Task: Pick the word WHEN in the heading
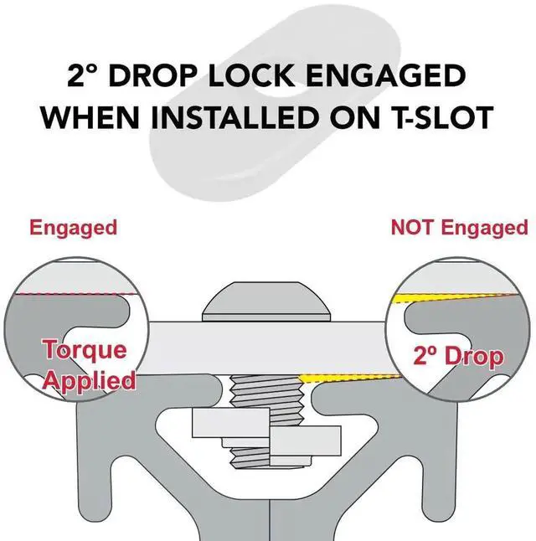coord(90,116)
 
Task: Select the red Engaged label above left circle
coord(73,228)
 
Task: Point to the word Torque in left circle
coord(84,350)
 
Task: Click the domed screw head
coord(268,302)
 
